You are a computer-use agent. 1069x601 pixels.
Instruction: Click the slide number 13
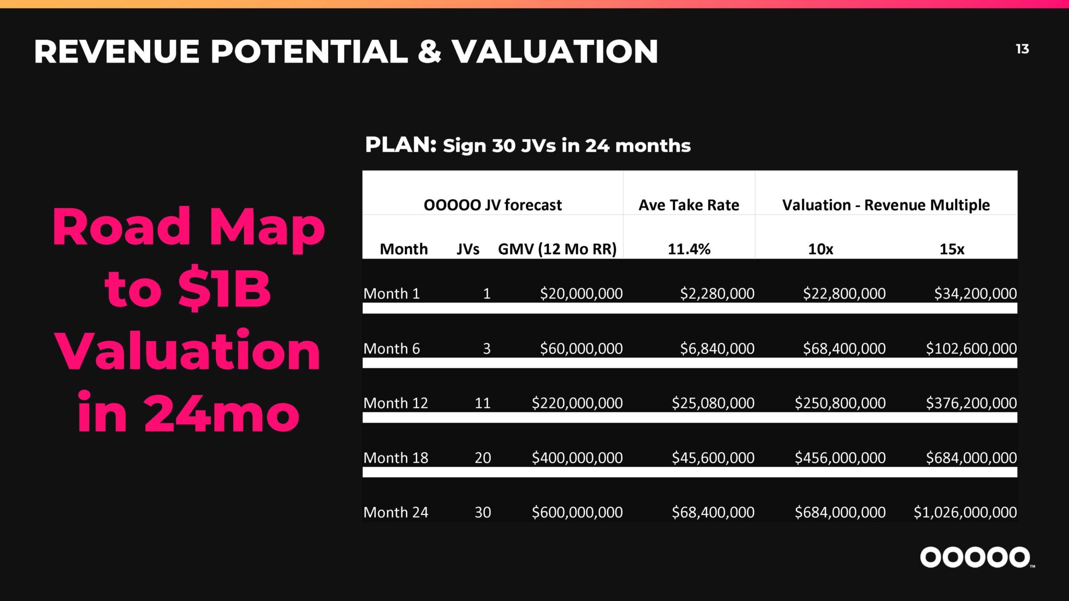(x=1022, y=49)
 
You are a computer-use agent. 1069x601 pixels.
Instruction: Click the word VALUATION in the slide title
(x=555, y=52)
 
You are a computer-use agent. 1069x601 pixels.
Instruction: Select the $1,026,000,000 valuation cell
(x=965, y=512)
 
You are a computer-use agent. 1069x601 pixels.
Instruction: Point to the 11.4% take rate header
(x=689, y=249)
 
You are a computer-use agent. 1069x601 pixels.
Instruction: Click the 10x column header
(x=821, y=249)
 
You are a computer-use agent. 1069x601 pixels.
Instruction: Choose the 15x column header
(x=952, y=249)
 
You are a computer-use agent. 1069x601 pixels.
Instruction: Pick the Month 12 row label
(x=396, y=403)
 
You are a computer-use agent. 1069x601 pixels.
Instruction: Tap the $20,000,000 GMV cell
(x=581, y=293)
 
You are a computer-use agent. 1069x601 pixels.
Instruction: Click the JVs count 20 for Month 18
(x=483, y=458)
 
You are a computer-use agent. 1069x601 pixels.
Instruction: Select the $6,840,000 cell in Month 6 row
(x=717, y=348)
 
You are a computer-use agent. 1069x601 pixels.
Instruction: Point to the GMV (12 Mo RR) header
(x=557, y=249)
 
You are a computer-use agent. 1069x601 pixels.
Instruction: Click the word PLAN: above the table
(x=401, y=145)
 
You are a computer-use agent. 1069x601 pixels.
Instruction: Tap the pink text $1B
(x=224, y=289)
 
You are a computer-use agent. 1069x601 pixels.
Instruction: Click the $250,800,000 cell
(x=840, y=403)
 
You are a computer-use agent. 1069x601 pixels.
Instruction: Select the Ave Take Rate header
(x=689, y=205)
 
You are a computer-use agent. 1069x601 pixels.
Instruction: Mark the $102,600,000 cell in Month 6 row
(x=971, y=348)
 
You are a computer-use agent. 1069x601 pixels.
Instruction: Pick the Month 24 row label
(x=396, y=512)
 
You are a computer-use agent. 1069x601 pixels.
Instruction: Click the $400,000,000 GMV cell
(x=577, y=458)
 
